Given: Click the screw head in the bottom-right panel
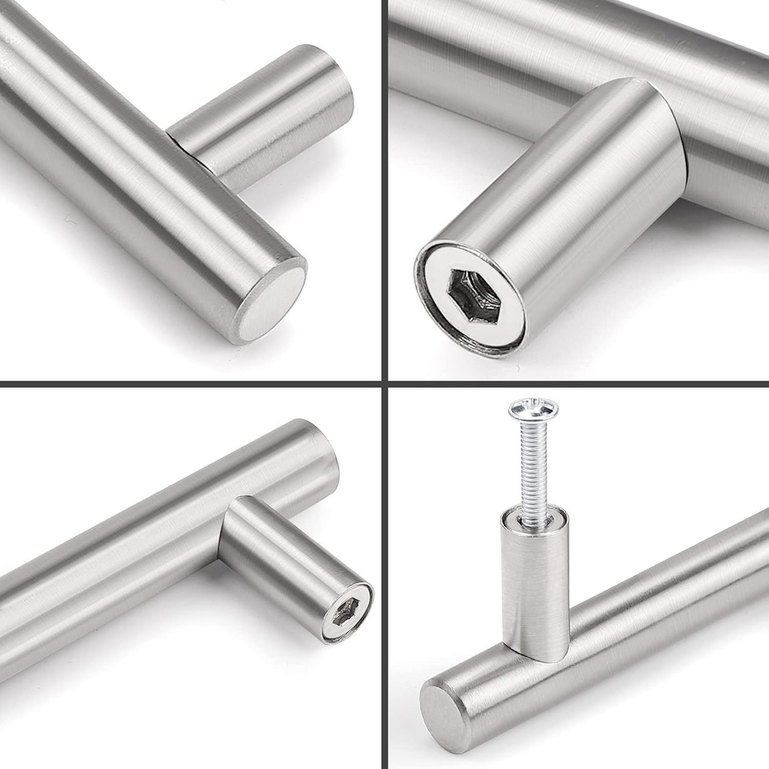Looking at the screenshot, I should pos(533,410).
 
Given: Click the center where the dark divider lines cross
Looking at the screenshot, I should pos(384,384).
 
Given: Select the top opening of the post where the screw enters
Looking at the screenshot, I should pos(535,517).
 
